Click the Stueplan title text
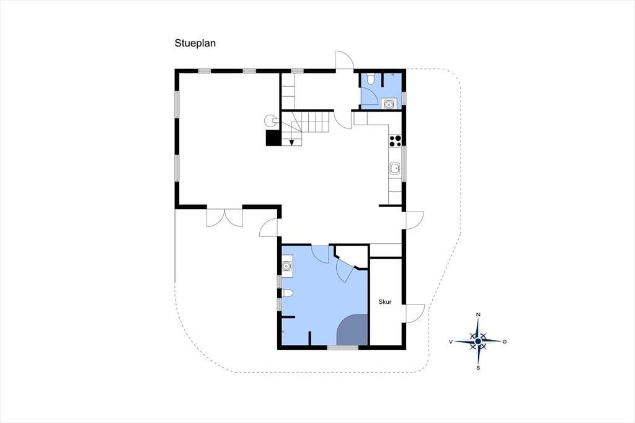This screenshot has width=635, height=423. pos(195,43)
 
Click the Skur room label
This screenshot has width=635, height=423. pos(384,302)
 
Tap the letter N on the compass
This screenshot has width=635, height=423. pos(478,314)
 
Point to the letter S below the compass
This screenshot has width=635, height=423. pos(478,368)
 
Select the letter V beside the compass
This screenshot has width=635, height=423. pos(450,342)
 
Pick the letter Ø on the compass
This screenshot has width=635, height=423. pos(505,342)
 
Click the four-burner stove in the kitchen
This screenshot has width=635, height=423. pos(395,140)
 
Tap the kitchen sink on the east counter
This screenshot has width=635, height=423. pos(395,168)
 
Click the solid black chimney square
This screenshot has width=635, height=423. pos(273,138)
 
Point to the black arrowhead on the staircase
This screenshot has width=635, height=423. pos(291,142)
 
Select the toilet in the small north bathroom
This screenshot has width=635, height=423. pos(370,79)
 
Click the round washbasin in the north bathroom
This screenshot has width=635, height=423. pos(388,104)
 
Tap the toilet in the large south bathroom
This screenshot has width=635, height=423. pos(287,293)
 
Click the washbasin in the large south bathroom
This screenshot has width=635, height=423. pos(287,267)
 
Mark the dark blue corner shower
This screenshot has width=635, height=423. pos(352,330)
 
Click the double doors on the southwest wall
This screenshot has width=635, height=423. pos(224,218)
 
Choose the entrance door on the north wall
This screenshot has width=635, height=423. pos(345,61)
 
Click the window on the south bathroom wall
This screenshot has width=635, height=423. pos(342,347)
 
